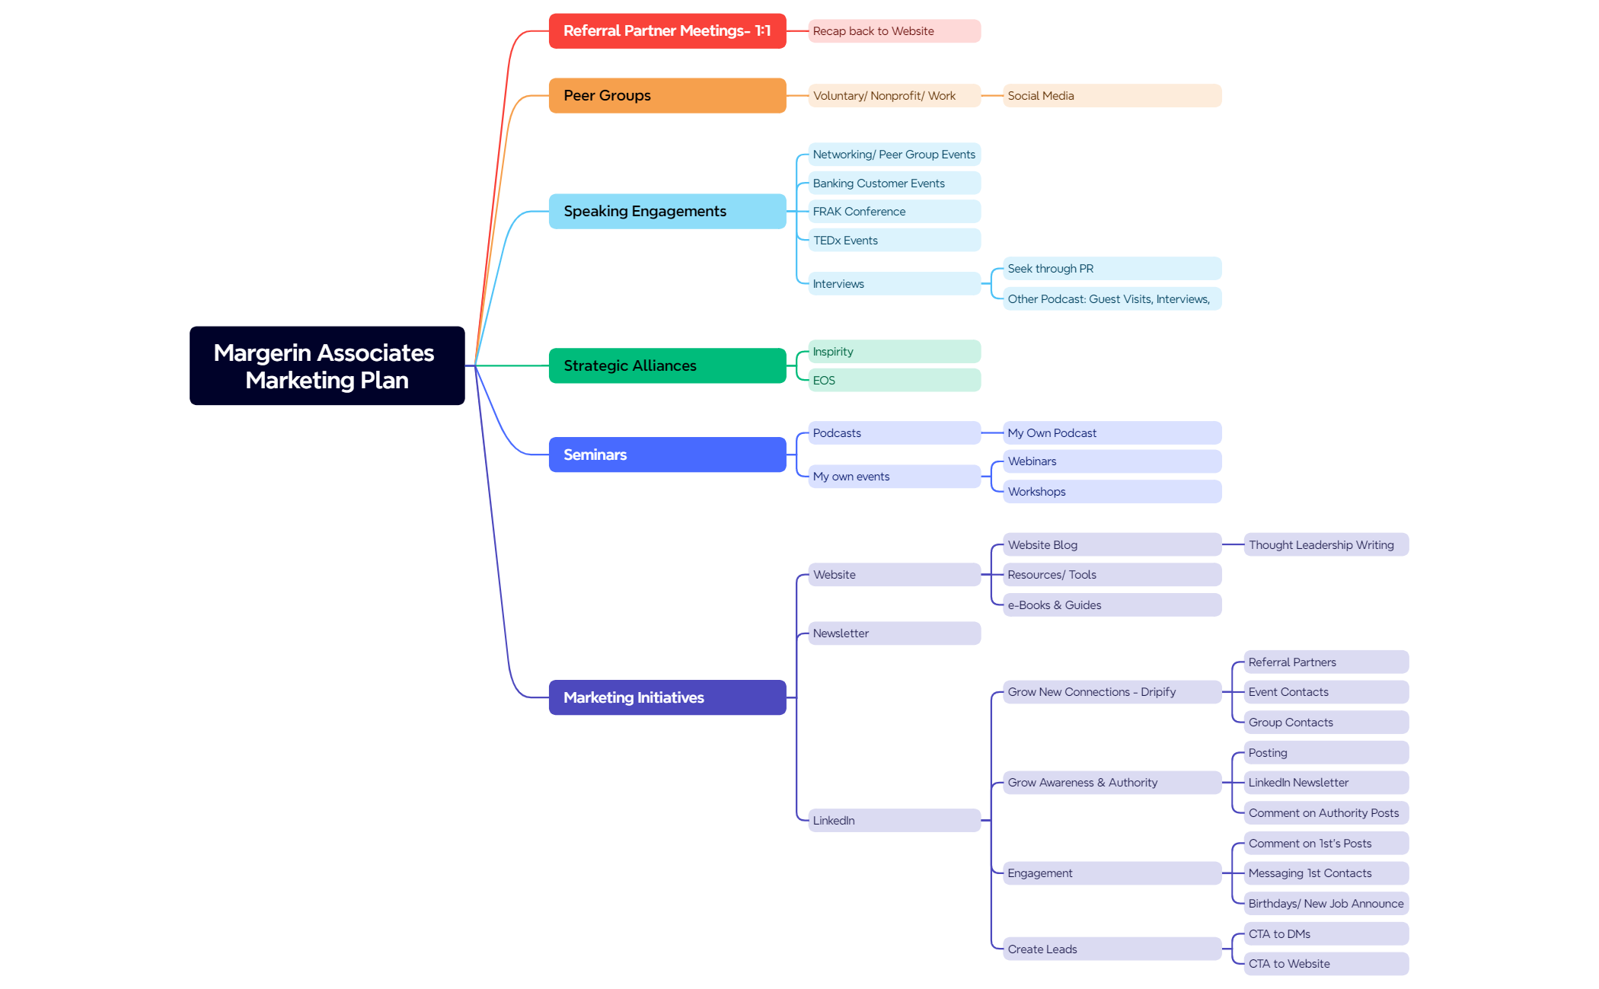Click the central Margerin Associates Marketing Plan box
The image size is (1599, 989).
click(x=327, y=365)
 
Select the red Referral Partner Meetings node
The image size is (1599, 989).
click(x=667, y=31)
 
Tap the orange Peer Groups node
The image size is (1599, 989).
click(x=667, y=96)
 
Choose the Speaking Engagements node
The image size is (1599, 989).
click(x=667, y=212)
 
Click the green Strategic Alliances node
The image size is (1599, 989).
click(x=667, y=366)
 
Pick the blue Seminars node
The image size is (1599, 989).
click(x=667, y=455)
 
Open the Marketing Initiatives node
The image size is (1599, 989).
click(x=667, y=697)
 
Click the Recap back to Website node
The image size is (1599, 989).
click(x=894, y=31)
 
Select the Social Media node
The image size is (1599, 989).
click(x=1112, y=96)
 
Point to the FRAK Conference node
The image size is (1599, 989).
click(x=894, y=212)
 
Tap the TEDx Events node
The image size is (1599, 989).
click(x=894, y=241)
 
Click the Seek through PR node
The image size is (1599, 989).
click(x=1112, y=269)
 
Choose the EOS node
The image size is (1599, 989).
click(x=894, y=381)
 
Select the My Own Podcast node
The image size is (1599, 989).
click(x=1112, y=433)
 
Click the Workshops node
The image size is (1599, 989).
click(x=1112, y=492)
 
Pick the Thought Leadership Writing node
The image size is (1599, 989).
click(x=1326, y=545)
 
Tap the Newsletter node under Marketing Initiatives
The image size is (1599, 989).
click(x=894, y=633)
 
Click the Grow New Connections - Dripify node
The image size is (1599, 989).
click(x=1112, y=692)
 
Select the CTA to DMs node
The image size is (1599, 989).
click(x=1326, y=934)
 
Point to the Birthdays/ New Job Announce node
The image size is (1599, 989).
click(x=1326, y=904)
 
